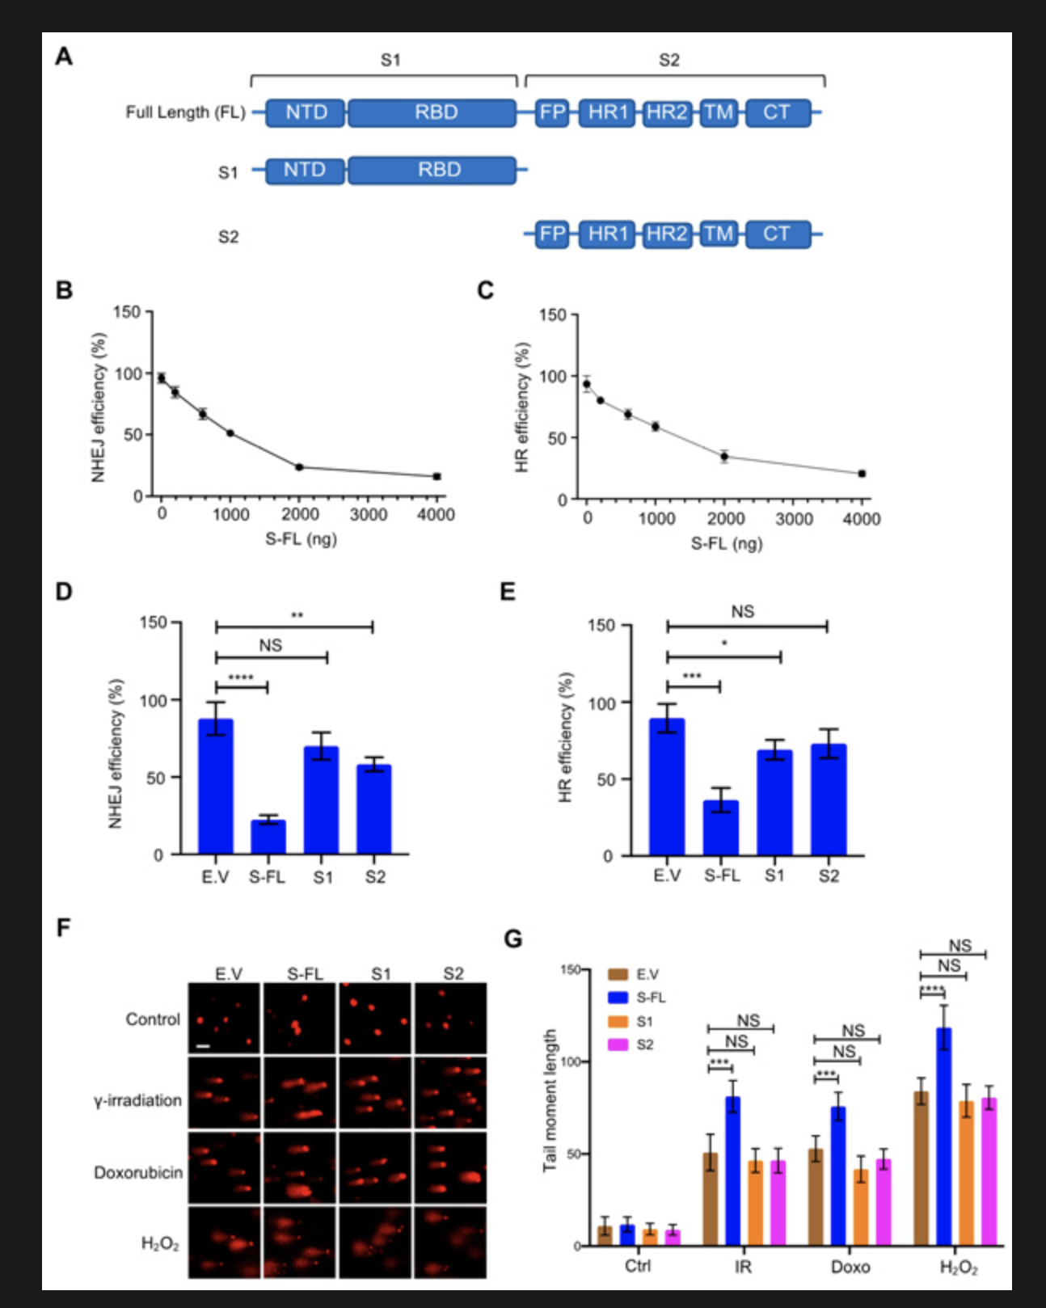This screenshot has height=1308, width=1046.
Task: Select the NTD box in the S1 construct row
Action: [x=305, y=170]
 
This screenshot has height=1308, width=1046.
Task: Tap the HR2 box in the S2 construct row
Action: [x=667, y=234]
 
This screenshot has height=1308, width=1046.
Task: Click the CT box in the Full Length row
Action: [x=777, y=112]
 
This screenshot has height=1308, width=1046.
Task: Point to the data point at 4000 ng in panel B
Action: [x=437, y=476]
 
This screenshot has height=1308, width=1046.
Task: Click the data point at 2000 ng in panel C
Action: [x=724, y=457]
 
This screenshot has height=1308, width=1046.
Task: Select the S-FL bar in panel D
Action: [x=268, y=837]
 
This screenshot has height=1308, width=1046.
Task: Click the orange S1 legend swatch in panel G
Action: [x=618, y=1021]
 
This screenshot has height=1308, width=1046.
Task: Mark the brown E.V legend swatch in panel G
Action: [x=618, y=974]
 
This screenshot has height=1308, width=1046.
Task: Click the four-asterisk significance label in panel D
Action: [x=241, y=677]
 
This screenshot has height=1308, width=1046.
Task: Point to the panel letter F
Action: [x=63, y=927]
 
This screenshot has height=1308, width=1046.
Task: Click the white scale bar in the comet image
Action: [x=203, y=1047]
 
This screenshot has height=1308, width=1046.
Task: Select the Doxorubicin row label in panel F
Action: [x=138, y=1172]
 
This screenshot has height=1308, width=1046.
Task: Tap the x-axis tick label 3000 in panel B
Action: [x=369, y=515]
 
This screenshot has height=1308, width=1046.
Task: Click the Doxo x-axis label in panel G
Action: [x=850, y=1267]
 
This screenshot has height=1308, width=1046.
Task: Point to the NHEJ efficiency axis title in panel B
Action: [x=99, y=407]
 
